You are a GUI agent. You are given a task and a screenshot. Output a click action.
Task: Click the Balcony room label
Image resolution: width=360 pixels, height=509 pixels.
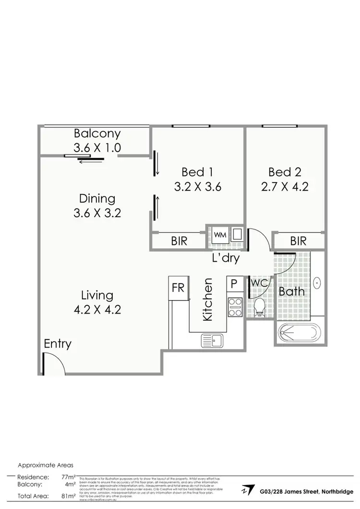97,133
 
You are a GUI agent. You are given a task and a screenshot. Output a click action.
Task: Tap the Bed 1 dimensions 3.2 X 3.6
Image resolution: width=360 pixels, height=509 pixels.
197,187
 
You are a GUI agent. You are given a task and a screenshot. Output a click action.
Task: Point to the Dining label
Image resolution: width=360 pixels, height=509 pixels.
97,198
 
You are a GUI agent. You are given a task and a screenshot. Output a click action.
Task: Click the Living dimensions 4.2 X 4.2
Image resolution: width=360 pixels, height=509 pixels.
97,309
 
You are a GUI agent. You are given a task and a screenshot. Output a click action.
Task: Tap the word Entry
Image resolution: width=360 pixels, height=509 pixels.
58,344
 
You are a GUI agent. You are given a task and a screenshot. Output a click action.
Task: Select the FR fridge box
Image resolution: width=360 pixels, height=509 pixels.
179,288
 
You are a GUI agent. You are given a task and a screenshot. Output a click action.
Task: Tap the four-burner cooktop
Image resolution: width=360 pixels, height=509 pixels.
235,307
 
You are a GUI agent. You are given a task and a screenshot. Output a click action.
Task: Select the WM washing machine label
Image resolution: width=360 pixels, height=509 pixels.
220,235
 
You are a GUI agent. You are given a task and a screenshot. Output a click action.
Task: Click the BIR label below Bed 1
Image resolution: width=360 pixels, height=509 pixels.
179,241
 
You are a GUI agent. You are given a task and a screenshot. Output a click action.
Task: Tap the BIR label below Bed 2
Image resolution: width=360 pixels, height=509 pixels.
298,241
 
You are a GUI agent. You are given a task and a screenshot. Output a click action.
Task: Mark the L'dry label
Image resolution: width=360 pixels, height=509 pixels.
226,258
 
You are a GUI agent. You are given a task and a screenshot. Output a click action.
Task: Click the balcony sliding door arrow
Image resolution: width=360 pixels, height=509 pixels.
91,161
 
